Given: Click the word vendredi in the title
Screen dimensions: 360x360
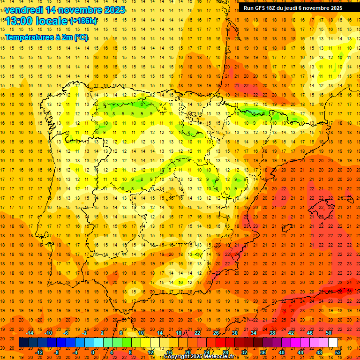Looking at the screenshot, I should point(24,10).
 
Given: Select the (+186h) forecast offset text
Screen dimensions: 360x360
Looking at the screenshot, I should point(83,21).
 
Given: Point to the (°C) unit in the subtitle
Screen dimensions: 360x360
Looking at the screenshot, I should point(80,37).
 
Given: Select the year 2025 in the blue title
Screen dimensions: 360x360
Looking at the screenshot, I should point(114,10).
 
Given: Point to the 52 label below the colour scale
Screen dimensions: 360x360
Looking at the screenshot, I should point(338,352).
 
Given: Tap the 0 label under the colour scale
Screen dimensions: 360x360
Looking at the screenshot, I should point(93,352).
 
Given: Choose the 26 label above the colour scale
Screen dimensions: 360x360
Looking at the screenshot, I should point(216,333).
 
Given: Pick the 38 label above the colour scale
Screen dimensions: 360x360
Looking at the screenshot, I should point(272,333).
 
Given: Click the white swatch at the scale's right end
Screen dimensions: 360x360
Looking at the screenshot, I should point(333,343).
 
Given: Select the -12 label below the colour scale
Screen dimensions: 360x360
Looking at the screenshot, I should point(39,352).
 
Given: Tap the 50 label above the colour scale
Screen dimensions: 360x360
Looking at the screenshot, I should point(329,333).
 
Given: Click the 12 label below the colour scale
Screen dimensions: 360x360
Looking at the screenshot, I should point(150,352).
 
